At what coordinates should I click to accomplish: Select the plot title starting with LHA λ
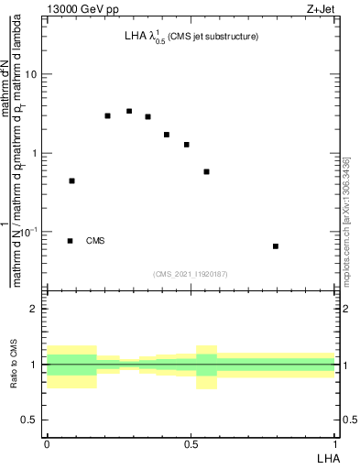tap(191, 38)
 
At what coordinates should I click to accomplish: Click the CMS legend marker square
tap(71, 241)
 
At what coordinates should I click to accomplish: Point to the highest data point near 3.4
tap(129, 112)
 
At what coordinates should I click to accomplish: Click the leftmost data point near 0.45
tap(71, 181)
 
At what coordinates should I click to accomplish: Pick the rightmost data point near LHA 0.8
tap(276, 246)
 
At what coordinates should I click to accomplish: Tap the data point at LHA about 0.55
tap(207, 171)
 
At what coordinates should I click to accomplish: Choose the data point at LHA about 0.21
tap(107, 116)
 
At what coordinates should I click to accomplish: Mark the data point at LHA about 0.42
tap(167, 135)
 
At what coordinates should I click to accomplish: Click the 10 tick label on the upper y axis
tap(32, 75)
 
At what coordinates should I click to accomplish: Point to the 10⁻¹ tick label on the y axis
tap(29, 233)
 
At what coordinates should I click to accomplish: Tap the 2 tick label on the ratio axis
tap(35, 309)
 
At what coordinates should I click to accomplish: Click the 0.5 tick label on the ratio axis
tap(31, 420)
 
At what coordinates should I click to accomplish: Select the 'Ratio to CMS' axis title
tap(14, 364)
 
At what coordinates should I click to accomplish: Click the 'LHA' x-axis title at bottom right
tap(326, 457)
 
